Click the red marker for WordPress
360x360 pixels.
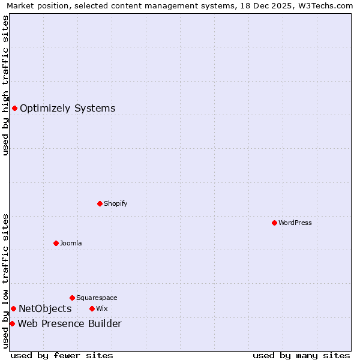click(x=274, y=223)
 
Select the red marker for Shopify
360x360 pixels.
click(x=100, y=203)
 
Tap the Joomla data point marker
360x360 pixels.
click(x=56, y=243)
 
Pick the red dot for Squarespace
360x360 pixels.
click(x=72, y=298)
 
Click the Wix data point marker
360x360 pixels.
click(x=92, y=308)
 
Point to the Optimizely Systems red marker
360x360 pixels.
click(x=14, y=108)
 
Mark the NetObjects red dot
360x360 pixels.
click(x=13, y=308)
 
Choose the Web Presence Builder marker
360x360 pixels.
click(x=12, y=323)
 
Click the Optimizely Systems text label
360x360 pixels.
click(x=67, y=109)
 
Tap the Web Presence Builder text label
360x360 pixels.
click(x=70, y=324)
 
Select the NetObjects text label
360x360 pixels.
click(x=45, y=309)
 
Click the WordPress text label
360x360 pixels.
click(x=295, y=223)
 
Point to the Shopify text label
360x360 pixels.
click(x=115, y=203)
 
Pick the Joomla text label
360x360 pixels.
click(x=71, y=243)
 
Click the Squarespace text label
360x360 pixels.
click(x=97, y=298)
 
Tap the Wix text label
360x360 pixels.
click(x=101, y=308)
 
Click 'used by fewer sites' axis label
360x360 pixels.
click(x=62, y=355)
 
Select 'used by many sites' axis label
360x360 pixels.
click(x=301, y=355)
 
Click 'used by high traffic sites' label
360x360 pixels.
click(x=5, y=85)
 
